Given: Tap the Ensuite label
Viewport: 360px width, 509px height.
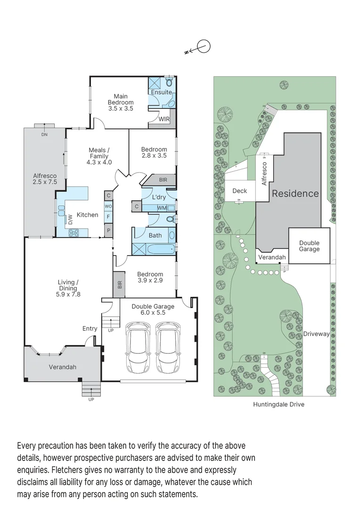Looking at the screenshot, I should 161,92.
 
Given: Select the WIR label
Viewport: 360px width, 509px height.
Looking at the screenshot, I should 164,119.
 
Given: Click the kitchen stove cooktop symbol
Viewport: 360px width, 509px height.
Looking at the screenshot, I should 74,232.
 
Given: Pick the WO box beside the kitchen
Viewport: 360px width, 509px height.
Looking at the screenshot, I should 108,206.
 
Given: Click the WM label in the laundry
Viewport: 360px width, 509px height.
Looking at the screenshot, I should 161,208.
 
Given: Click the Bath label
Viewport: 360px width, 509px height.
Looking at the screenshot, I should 155,236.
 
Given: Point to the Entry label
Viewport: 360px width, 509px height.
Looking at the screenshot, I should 90,328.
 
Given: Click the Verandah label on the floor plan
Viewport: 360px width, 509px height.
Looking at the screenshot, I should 62,367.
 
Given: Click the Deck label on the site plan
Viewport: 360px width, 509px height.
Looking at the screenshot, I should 239,191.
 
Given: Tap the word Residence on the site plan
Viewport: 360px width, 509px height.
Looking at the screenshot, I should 295,193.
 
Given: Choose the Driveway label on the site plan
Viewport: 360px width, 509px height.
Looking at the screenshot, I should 316,334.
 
